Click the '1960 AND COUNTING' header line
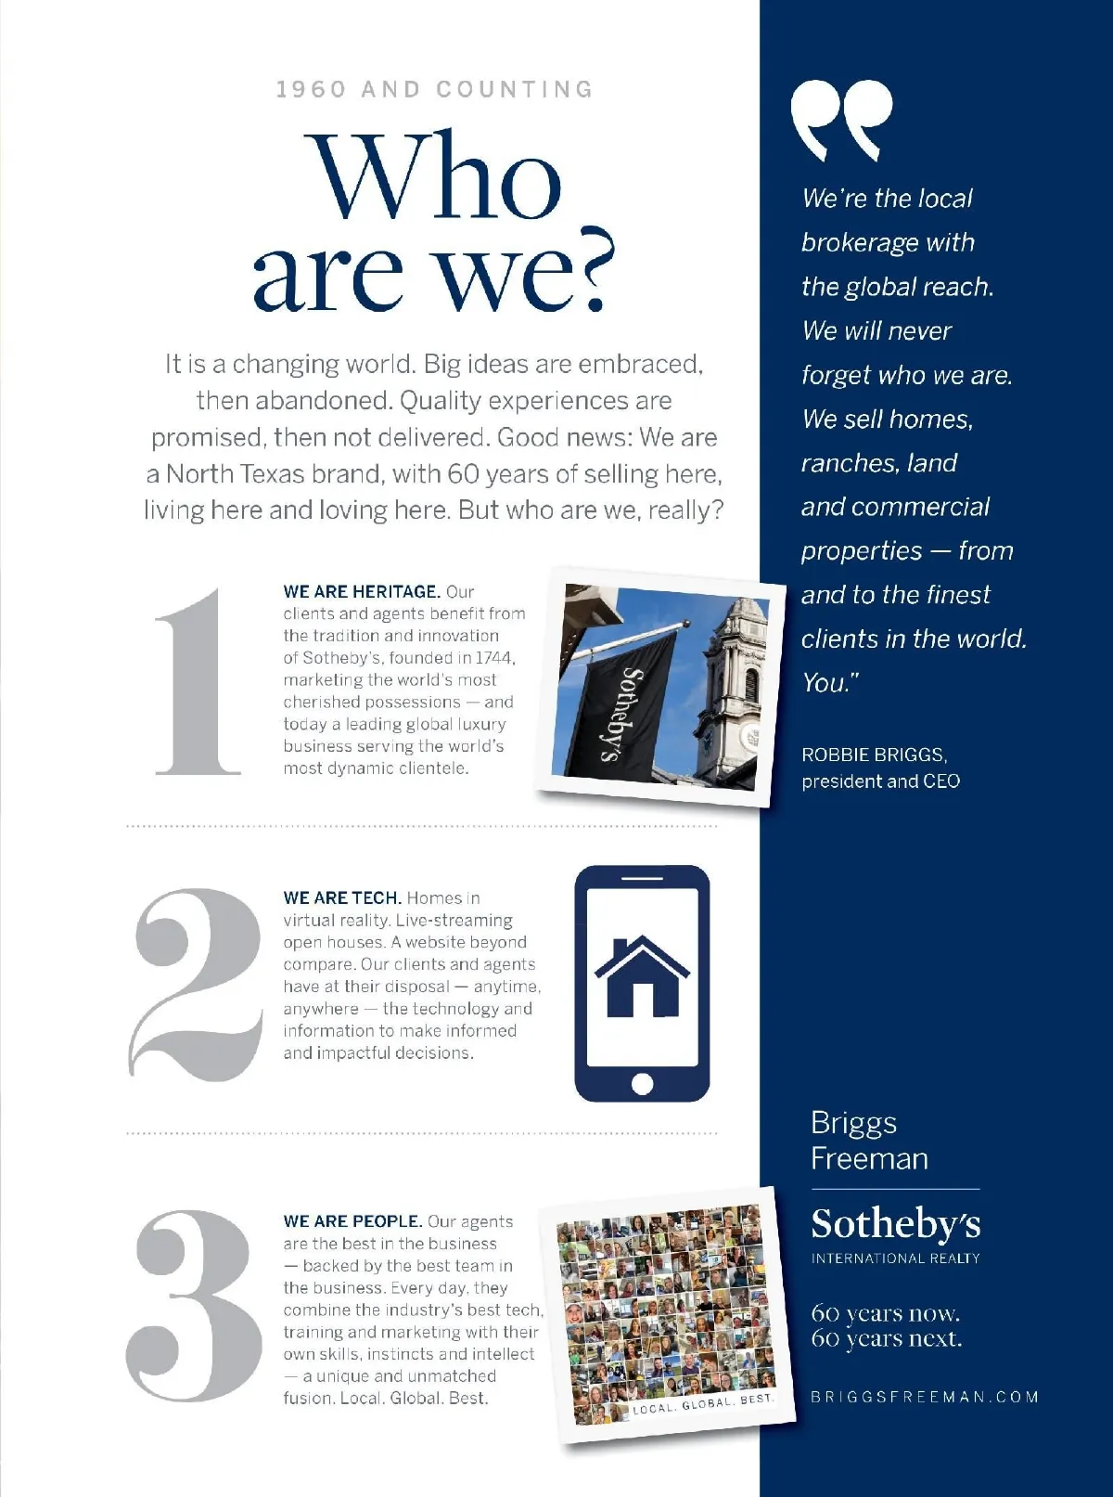pos(434,89)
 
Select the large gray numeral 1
pos(198,681)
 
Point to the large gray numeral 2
pos(198,985)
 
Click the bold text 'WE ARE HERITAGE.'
pos(362,591)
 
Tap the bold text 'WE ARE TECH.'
pos(342,897)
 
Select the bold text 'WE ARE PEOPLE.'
pos(352,1221)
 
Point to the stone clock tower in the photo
pos(733,678)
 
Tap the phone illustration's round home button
pos(642,1083)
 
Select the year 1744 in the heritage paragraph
pos(493,658)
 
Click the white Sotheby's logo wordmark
pos(895,1224)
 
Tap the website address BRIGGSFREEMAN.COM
pos(925,1397)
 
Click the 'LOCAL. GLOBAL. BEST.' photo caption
pos(702,1403)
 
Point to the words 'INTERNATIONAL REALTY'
pos(895,1258)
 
